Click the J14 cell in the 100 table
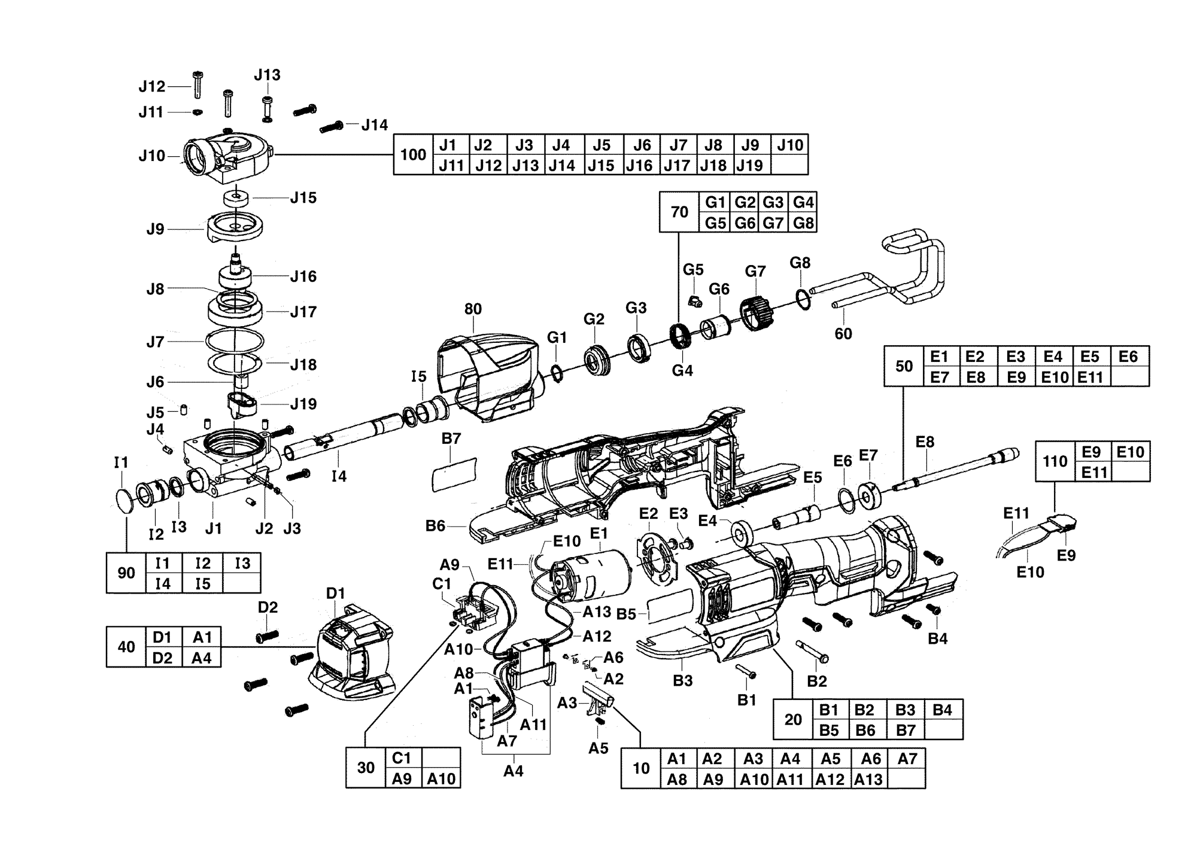pos(561,165)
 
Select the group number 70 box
pos(679,212)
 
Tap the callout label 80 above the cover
pos(473,309)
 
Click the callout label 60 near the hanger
pos(843,333)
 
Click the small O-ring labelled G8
pos(804,299)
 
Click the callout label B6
pos(436,526)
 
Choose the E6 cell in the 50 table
pos(1129,356)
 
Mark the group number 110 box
pos(1055,461)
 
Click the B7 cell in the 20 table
pos(905,729)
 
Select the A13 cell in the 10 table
pos(868,778)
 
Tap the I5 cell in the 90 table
pos(203,583)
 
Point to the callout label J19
pos(303,404)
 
